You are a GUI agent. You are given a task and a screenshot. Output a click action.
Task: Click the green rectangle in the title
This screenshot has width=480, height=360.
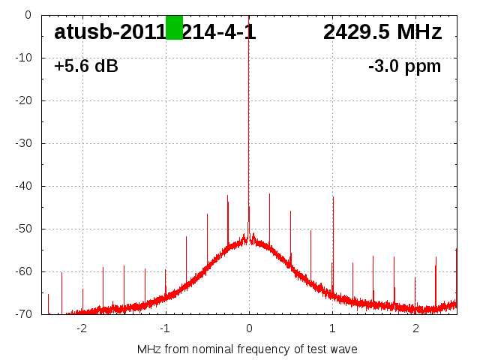click(x=174, y=28)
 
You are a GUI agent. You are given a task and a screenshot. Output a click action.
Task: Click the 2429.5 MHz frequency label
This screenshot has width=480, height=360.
click(x=382, y=32)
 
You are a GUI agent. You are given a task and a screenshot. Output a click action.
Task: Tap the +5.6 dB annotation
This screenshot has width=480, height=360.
click(x=86, y=67)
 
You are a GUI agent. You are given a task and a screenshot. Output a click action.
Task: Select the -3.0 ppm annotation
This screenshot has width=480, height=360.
click(x=404, y=67)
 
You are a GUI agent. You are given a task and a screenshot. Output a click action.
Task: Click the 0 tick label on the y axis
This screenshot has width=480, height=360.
click(x=27, y=15)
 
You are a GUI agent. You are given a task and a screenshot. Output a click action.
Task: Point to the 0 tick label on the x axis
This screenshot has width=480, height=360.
click(x=249, y=328)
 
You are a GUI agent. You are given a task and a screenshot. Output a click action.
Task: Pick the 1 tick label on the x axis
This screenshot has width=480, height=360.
click(x=332, y=328)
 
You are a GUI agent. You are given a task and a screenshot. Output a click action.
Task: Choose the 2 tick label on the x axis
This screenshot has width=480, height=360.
click(x=415, y=328)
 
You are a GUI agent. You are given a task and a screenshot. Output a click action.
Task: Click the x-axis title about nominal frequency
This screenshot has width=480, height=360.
click(x=247, y=349)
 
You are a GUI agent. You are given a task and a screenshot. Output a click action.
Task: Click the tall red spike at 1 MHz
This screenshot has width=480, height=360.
click(x=333, y=225)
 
